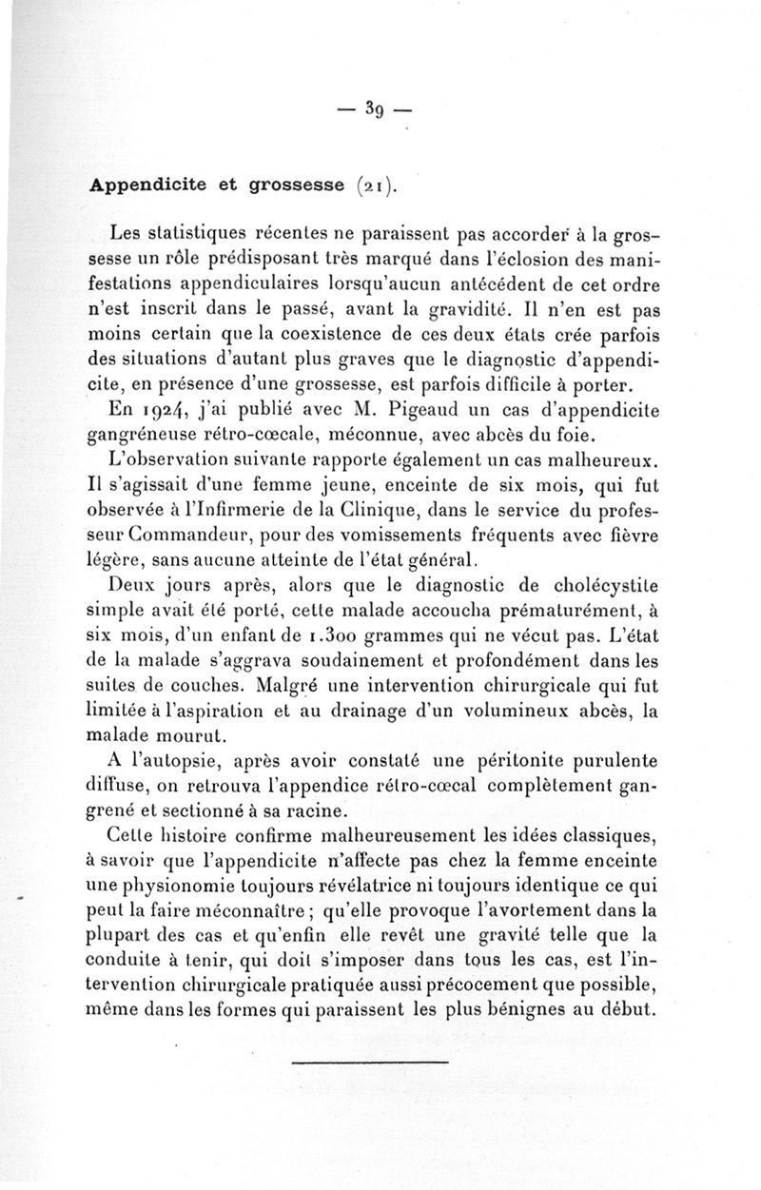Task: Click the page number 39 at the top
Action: click(x=373, y=107)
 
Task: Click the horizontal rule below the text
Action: click(x=369, y=1061)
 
